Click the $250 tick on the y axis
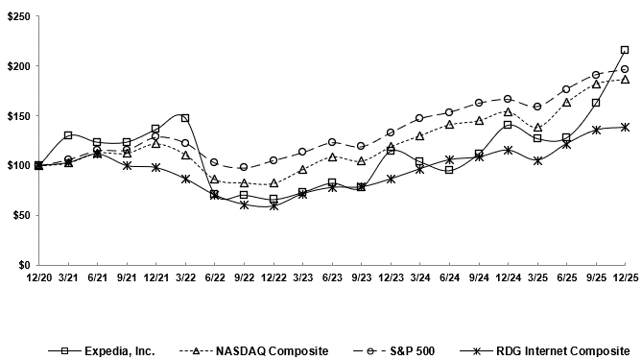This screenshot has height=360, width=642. click(17, 16)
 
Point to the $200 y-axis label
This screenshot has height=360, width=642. click(17, 66)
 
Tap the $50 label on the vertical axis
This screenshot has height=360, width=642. click(20, 215)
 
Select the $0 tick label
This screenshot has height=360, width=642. click(23, 265)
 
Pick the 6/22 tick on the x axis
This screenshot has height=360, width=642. click(214, 277)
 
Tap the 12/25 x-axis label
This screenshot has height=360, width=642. click(625, 277)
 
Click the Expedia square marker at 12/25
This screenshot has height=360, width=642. click(625, 50)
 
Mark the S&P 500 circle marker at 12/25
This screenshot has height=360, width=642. click(625, 69)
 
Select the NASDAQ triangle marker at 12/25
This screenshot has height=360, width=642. click(625, 80)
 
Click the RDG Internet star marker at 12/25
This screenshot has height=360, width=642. click(625, 127)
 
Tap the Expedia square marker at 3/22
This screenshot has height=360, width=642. click(185, 118)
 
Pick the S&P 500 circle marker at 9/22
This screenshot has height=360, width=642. click(244, 167)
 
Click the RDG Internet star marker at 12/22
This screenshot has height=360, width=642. click(273, 205)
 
